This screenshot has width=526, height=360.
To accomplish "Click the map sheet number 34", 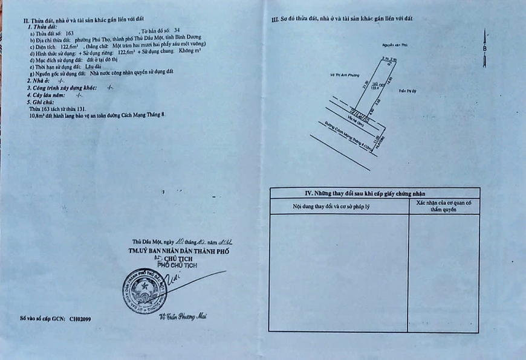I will point(177,30).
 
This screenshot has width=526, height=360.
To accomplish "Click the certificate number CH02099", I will point(80,317).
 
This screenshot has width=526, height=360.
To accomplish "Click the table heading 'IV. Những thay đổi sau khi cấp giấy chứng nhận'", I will point(374,193).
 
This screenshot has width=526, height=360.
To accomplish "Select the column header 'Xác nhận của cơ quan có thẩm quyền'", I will point(444,206).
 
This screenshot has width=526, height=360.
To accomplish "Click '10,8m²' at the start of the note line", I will point(37,113).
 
